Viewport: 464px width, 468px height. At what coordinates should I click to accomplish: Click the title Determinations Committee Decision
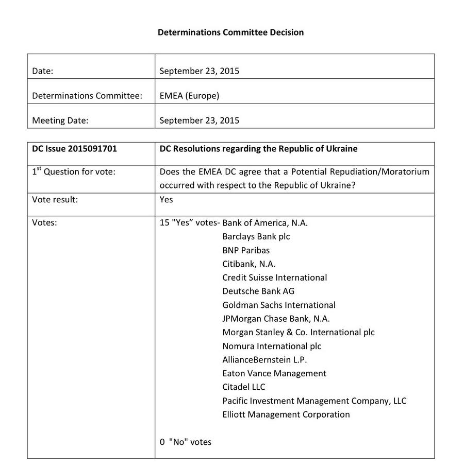[230, 32]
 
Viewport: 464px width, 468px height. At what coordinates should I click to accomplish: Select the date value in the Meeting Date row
[199, 120]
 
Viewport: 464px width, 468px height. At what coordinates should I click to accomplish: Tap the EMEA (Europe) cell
[189, 96]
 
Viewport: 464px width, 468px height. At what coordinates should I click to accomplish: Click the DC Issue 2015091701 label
[74, 149]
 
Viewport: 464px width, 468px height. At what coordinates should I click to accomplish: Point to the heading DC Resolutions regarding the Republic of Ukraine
[258, 149]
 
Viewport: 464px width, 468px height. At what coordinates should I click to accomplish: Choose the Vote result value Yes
[166, 199]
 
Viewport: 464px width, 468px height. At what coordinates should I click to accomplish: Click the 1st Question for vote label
[74, 172]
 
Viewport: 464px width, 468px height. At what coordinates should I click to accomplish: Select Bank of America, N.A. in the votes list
[265, 223]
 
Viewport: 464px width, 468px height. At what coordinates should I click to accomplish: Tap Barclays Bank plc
[256, 237]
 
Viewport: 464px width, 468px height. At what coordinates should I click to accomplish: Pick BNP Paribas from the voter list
[246, 250]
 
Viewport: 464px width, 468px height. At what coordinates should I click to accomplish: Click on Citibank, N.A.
[249, 264]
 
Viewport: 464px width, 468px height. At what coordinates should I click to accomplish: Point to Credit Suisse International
[275, 278]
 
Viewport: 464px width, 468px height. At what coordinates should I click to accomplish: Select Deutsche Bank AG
[258, 291]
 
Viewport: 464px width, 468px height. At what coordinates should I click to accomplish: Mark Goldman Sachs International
[279, 305]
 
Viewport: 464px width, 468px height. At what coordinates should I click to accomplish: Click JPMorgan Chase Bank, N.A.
[276, 319]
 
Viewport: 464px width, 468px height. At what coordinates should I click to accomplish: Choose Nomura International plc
[272, 346]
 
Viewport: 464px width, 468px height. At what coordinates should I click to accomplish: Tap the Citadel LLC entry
[244, 387]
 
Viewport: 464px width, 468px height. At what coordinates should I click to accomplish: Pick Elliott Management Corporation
[286, 414]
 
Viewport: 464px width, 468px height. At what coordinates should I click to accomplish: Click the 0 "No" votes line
[186, 442]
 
